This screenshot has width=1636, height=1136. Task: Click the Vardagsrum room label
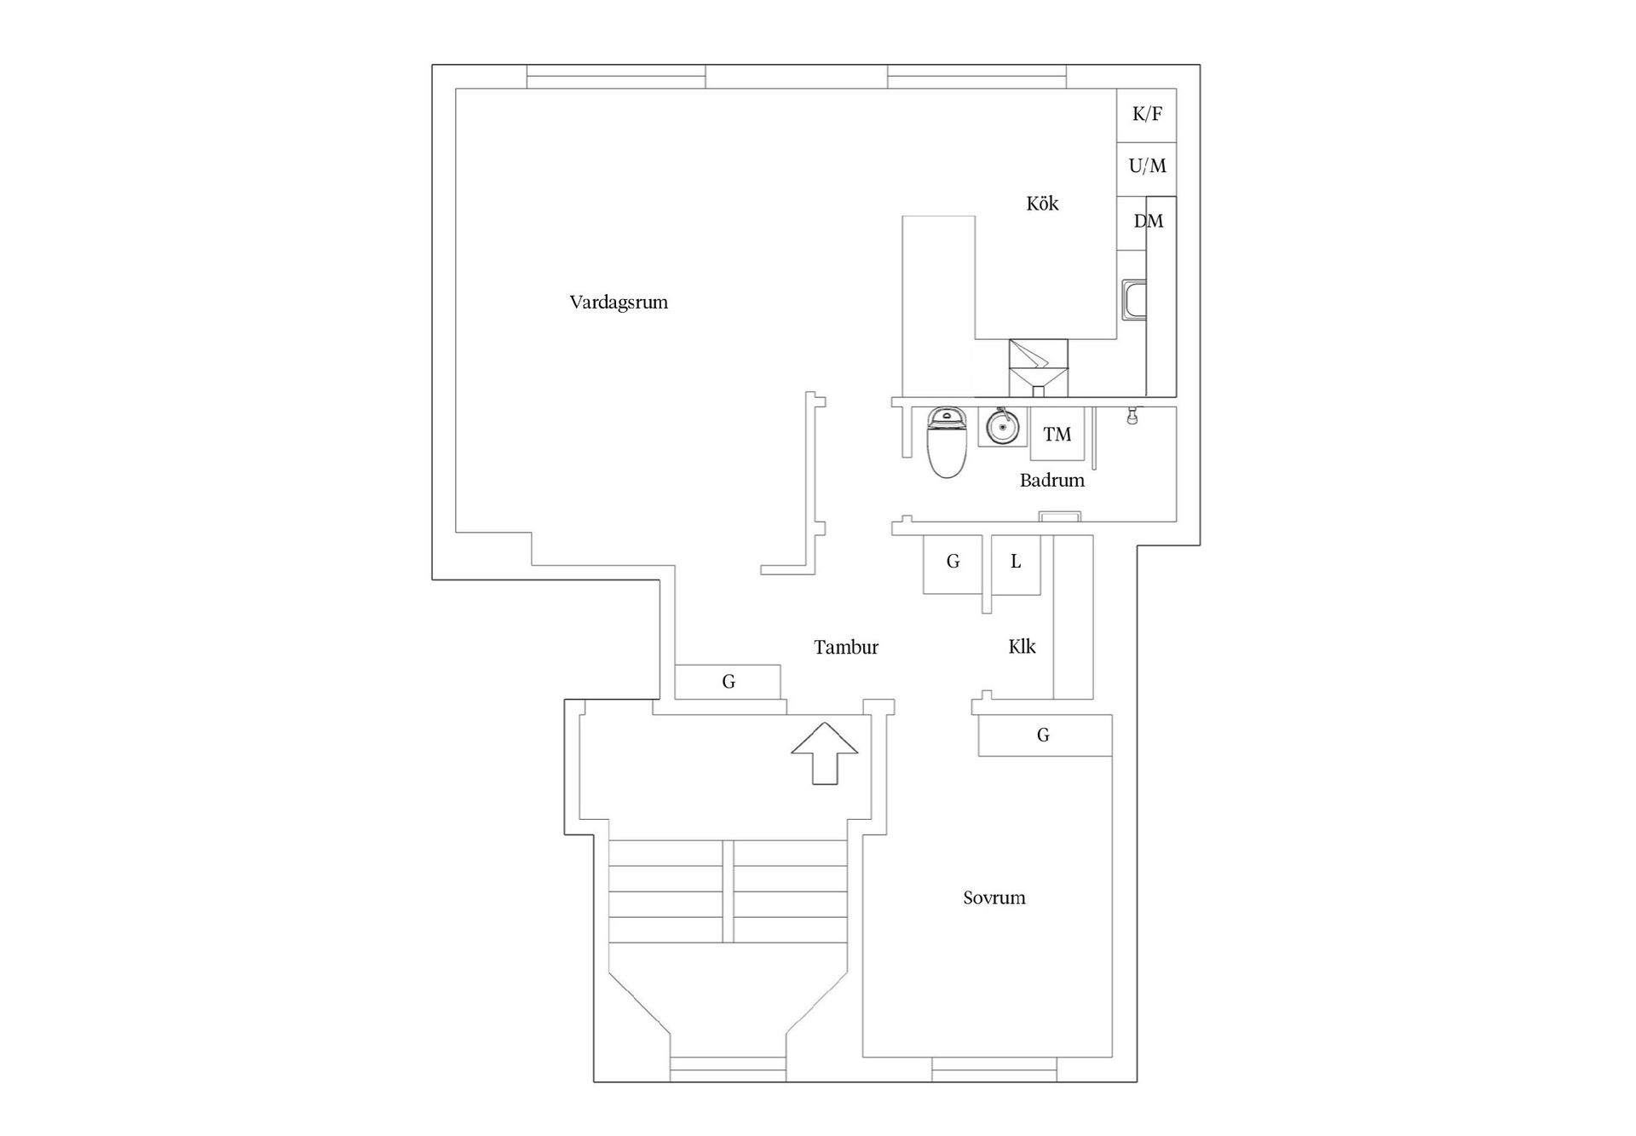click(619, 303)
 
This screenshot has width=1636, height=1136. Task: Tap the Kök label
click(1042, 204)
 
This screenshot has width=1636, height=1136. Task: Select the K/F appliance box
click(1147, 114)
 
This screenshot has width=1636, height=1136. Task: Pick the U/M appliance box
click(1147, 166)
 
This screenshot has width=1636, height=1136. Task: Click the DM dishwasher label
click(1148, 222)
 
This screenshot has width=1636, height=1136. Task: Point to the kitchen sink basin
click(1134, 301)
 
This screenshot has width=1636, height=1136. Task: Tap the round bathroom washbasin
click(1001, 426)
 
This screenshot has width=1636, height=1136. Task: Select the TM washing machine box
click(1057, 435)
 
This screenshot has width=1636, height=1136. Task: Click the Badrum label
click(1051, 481)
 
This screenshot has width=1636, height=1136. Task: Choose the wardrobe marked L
click(1016, 562)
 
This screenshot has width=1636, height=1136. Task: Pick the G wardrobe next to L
click(953, 562)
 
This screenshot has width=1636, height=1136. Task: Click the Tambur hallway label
click(845, 648)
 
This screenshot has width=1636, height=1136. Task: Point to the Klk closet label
click(1022, 647)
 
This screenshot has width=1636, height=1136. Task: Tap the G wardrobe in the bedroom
click(1044, 735)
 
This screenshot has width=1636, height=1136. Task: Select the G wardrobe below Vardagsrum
click(729, 682)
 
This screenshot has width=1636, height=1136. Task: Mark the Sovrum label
click(994, 898)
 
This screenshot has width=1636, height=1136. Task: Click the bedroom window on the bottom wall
click(994, 1064)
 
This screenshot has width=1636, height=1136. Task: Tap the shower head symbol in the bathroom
click(1132, 417)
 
